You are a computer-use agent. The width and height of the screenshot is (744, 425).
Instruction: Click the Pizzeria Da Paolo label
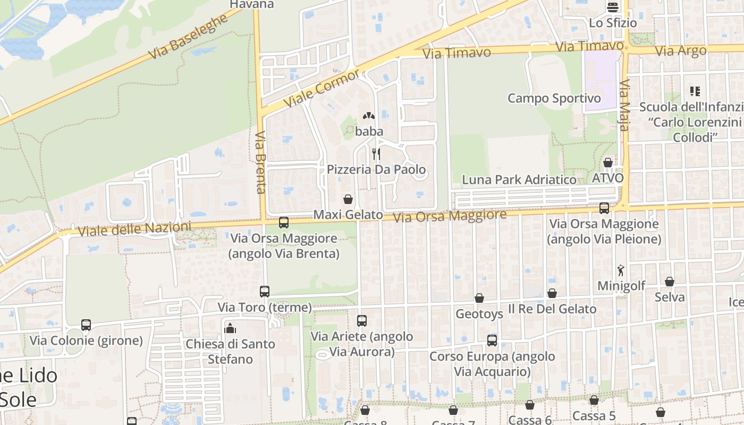(x=376, y=169)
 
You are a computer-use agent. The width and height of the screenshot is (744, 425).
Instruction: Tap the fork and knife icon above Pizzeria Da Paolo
(x=376, y=154)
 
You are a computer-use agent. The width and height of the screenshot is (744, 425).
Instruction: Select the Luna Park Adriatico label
(x=519, y=180)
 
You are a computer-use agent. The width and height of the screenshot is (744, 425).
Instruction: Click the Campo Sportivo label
(x=554, y=98)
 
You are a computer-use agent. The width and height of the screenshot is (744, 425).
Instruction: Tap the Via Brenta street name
(x=260, y=162)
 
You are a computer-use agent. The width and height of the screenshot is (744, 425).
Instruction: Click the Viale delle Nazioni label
(x=134, y=229)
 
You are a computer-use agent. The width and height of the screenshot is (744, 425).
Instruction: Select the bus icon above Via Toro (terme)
(x=265, y=291)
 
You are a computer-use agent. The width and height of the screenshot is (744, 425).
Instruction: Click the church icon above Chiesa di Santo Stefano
(x=230, y=328)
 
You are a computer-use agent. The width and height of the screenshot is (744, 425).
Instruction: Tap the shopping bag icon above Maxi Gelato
(x=348, y=199)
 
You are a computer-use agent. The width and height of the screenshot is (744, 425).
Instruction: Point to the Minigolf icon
(x=621, y=270)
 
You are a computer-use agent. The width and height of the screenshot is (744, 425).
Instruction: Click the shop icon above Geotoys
(x=479, y=298)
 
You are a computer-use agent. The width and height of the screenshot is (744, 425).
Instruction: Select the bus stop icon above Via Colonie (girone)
(x=86, y=325)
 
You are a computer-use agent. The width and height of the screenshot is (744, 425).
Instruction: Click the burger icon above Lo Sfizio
(x=613, y=7)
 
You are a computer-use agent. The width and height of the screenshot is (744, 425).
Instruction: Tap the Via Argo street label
(x=681, y=51)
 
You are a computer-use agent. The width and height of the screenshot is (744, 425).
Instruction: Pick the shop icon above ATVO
(x=608, y=163)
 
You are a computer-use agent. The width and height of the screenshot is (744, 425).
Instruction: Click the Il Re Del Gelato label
(x=552, y=309)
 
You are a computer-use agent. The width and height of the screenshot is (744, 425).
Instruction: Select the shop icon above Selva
(x=670, y=282)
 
